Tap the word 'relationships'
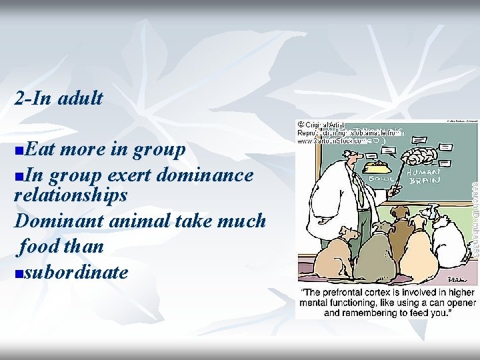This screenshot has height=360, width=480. pyautogui.click(x=71, y=195)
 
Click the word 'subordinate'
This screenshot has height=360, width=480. pyautogui.click(x=75, y=272)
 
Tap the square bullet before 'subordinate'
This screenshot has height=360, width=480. pyautogui.click(x=18, y=273)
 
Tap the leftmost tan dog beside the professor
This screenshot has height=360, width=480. pyautogui.click(x=335, y=255)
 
